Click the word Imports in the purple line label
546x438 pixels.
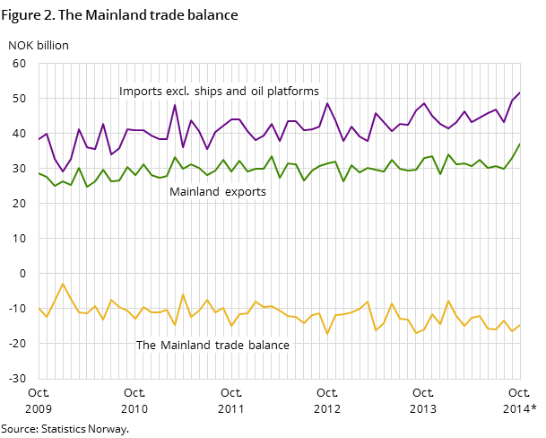click(141, 92)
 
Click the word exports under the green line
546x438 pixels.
click(247, 192)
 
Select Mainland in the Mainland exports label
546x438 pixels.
click(195, 192)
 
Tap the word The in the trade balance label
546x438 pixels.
click(146, 345)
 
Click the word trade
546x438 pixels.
click(231, 345)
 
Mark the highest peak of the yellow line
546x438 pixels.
click(63, 284)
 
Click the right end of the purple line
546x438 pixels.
click(520, 92)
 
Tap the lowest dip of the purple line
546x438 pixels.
click(63, 171)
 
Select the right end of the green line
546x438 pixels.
click(520, 144)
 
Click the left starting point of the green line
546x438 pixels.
click(39, 172)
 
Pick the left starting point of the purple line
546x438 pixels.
click(39, 139)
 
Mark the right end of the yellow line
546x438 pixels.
click(520, 325)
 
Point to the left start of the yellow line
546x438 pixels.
click(39, 308)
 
